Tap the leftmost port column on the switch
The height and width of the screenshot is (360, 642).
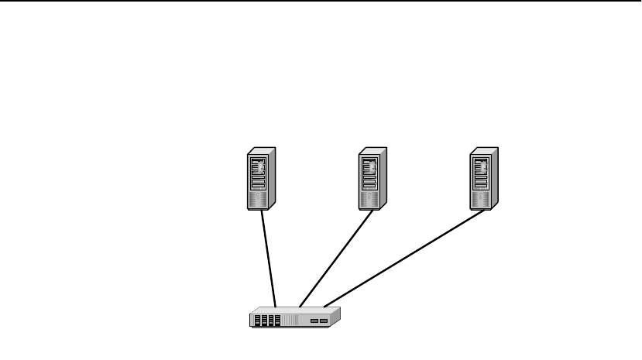tap(257, 320)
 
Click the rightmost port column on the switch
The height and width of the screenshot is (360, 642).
tap(277, 320)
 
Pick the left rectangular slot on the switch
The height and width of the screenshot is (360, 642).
tap(314, 320)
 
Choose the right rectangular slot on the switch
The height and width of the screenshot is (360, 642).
tap(324, 320)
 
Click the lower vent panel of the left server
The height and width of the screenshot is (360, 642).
tap(258, 199)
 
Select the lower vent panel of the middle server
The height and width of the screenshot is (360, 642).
tap(369, 199)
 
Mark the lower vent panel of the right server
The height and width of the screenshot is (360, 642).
tap(481, 199)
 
